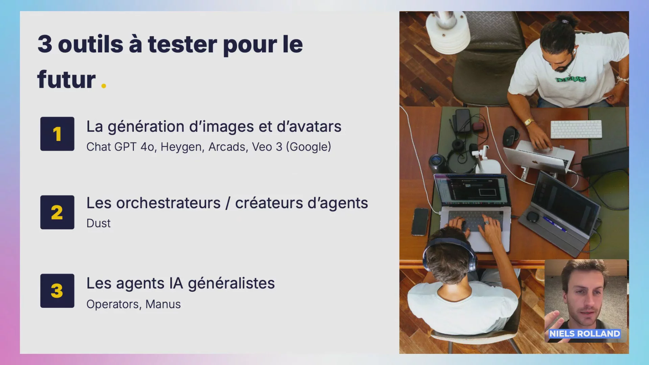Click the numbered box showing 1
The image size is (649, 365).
(x=57, y=134)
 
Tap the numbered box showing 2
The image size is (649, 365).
(x=57, y=212)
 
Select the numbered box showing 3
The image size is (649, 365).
(x=57, y=291)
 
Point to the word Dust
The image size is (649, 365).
(x=98, y=223)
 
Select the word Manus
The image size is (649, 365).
(x=163, y=304)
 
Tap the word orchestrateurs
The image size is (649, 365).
(x=168, y=203)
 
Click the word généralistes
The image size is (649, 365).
(x=231, y=284)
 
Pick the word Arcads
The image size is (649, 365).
(x=228, y=147)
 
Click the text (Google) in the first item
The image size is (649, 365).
(x=309, y=147)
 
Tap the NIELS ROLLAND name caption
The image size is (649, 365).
(x=584, y=334)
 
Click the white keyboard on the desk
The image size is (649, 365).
(x=576, y=129)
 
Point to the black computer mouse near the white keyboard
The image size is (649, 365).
(x=510, y=136)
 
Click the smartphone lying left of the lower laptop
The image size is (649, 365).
(x=420, y=222)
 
